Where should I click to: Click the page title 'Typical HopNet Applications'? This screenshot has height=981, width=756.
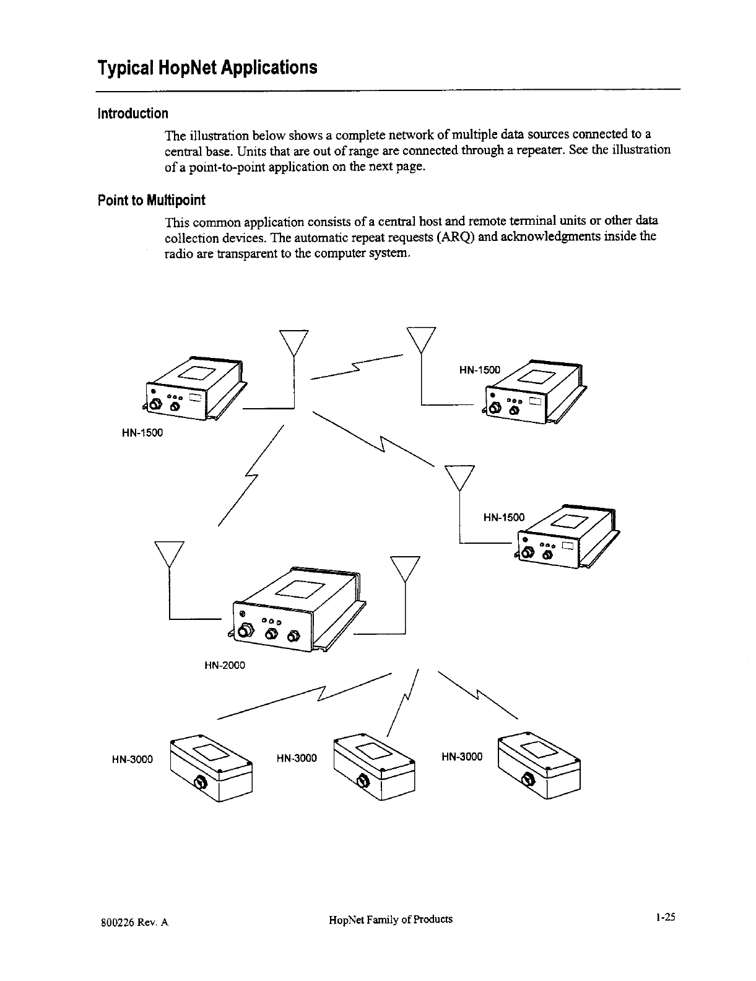pyautogui.click(x=207, y=67)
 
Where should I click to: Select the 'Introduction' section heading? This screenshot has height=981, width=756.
pyautogui.click(x=132, y=113)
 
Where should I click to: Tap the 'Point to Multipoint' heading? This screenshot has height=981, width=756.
pyautogui.click(x=151, y=200)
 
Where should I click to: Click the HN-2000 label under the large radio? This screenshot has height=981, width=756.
pyautogui.click(x=224, y=665)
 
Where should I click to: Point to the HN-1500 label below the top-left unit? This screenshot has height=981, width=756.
pyautogui.click(x=142, y=432)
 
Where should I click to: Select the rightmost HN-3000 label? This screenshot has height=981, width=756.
pyautogui.click(x=461, y=756)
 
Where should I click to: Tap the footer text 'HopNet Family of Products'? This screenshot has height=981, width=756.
pyautogui.click(x=391, y=919)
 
